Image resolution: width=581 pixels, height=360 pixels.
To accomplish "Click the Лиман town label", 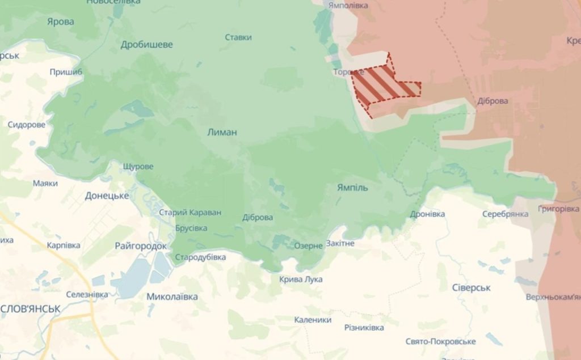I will pyautogui.click(x=222, y=132).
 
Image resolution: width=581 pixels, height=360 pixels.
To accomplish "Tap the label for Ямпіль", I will pyautogui.click(x=352, y=187).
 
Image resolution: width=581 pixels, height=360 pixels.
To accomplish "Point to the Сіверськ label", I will pyautogui.click(x=471, y=287).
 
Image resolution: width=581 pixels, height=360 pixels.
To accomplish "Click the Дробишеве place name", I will pyautogui.click(x=147, y=44).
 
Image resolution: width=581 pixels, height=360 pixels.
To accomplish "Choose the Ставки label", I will pyautogui.click(x=238, y=37).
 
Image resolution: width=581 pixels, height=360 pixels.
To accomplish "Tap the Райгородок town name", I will pyautogui.click(x=141, y=246).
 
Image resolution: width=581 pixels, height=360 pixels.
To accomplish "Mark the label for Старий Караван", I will pyautogui.click(x=190, y=213).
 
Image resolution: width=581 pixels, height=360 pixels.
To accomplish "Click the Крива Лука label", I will pyautogui.click(x=301, y=279).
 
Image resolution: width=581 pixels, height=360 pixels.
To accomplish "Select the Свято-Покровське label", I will pyautogui.click(x=440, y=341).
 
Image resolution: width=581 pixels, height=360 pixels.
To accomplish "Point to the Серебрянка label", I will pyautogui.click(x=505, y=214).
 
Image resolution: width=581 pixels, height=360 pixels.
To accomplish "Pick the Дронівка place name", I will pyautogui.click(x=427, y=214).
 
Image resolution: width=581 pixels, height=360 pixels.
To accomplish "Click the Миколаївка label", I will pyautogui.click(x=172, y=297).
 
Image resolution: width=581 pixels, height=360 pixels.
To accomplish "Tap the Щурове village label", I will pyautogui.click(x=138, y=166).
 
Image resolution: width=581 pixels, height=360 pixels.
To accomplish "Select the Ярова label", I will pyautogui.click(x=61, y=22).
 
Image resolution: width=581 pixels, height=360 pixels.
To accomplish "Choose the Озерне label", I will pyautogui.click(x=308, y=245).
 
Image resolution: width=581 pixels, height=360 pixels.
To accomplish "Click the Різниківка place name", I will pyautogui.click(x=364, y=328).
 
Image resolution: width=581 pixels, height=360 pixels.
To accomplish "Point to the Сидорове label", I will pyautogui.click(x=27, y=125).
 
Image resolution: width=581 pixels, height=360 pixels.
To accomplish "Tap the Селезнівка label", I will pyautogui.click(x=87, y=294).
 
